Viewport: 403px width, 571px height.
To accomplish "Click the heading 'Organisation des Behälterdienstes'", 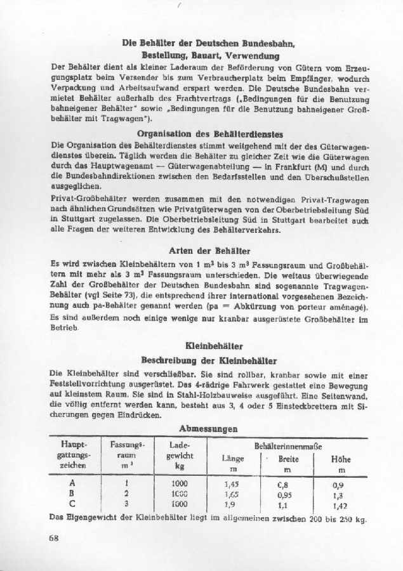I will pyautogui.click(x=210, y=135).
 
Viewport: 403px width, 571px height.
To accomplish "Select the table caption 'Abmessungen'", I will pyautogui.click(x=209, y=428).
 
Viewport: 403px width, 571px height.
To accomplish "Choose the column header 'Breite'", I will pyautogui.click(x=289, y=459).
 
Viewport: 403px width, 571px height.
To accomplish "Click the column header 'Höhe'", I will pyautogui.click(x=341, y=459).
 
